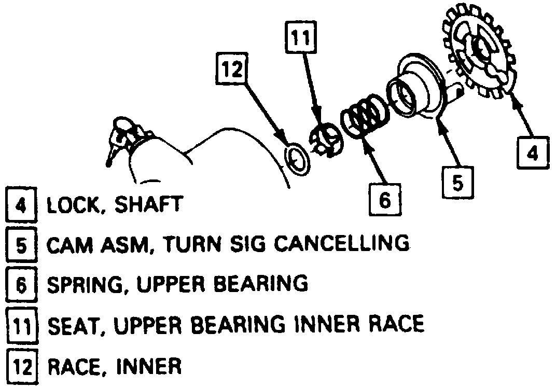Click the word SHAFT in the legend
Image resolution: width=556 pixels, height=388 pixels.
[154, 205]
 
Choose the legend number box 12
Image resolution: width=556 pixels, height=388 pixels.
[20, 367]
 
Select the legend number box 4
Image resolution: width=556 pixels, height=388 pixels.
[20, 205]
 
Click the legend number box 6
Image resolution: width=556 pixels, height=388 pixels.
[20, 284]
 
